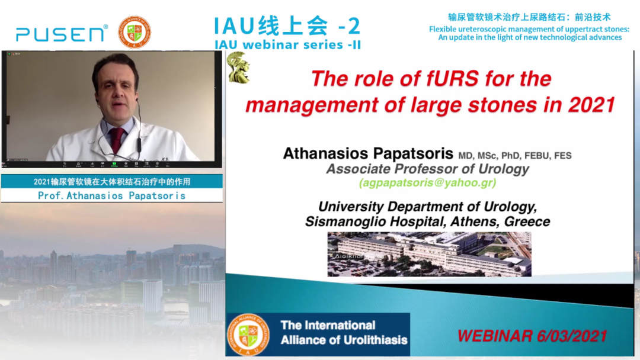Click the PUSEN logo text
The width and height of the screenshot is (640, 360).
coord(62,33)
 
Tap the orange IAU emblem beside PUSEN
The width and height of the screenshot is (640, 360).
coord(135,32)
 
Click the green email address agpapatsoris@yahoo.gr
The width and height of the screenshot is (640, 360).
coord(428,182)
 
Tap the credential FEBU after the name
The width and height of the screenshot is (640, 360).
coord(537,156)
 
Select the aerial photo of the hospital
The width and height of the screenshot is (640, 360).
coord(430,255)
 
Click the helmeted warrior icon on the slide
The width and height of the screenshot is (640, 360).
coord(238,67)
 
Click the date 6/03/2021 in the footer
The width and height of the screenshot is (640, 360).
coord(572,336)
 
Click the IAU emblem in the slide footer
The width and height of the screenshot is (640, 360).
coord(248,335)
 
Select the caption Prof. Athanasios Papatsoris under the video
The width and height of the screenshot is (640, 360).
coord(112,196)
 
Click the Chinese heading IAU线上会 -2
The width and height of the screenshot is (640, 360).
coord(287,26)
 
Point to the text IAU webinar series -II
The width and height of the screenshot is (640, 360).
coord(288,45)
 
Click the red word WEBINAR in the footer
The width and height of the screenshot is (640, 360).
coord(495,336)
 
